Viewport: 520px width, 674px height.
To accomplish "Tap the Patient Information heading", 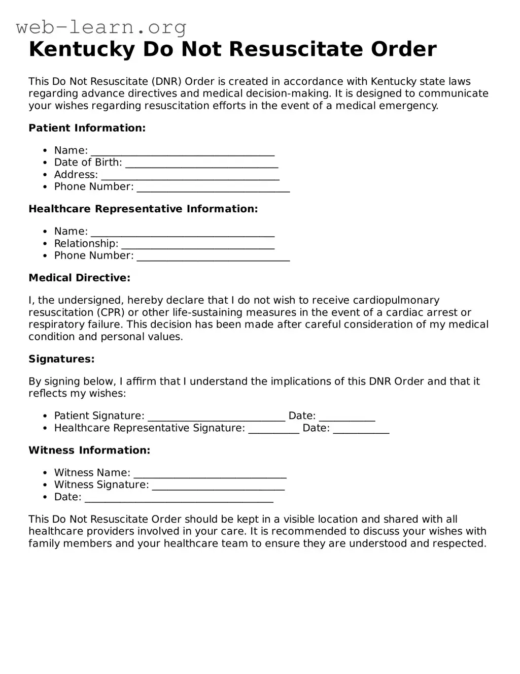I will click(87, 128).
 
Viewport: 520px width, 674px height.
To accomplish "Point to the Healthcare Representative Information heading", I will click(143, 209).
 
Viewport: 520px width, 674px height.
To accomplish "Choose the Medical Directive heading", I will click(79, 278).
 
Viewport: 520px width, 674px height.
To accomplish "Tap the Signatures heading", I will click(61, 359).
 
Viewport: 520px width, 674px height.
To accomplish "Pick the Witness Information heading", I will click(89, 451).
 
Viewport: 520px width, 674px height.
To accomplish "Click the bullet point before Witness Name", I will click(45, 473).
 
